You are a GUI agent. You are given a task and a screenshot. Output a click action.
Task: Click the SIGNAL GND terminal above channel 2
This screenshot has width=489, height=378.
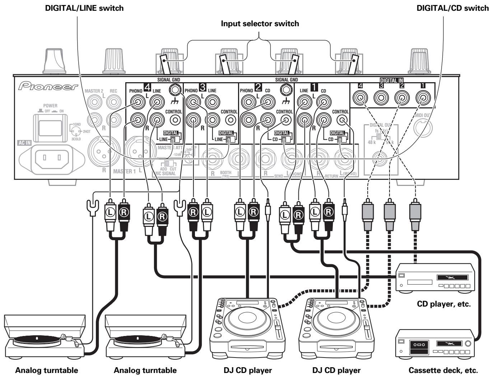click(286, 88)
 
